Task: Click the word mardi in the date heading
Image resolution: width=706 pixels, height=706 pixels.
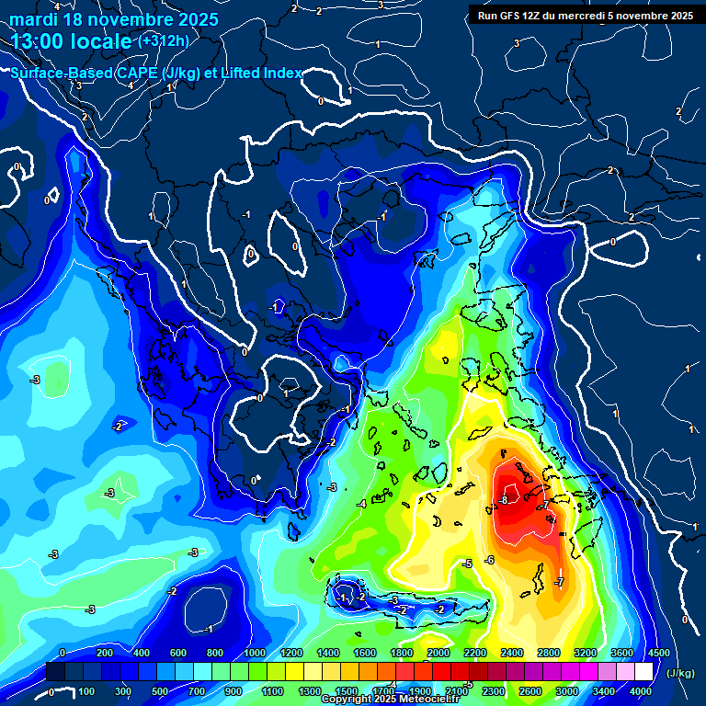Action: (x=34, y=19)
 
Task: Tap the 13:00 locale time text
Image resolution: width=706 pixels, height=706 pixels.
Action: (x=72, y=41)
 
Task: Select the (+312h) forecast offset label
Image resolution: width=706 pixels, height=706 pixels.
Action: (x=164, y=40)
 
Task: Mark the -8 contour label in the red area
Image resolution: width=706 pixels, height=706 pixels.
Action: (x=503, y=500)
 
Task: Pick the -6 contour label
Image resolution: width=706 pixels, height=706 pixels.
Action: (x=489, y=560)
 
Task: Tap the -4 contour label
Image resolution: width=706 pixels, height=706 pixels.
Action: (x=361, y=505)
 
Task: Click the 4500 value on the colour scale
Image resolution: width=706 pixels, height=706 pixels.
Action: (x=658, y=653)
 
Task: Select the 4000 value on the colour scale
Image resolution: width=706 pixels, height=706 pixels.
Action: (x=642, y=691)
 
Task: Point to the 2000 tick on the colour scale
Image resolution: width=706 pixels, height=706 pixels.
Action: (x=438, y=653)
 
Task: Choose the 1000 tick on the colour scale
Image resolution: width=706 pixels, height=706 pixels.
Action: (x=254, y=653)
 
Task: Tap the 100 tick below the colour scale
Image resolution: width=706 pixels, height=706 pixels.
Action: (x=87, y=691)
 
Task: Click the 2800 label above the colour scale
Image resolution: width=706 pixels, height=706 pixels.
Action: (x=549, y=653)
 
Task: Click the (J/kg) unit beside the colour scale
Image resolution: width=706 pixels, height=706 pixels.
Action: (x=680, y=674)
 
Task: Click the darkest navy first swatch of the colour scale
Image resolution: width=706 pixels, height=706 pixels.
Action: (x=54, y=672)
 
